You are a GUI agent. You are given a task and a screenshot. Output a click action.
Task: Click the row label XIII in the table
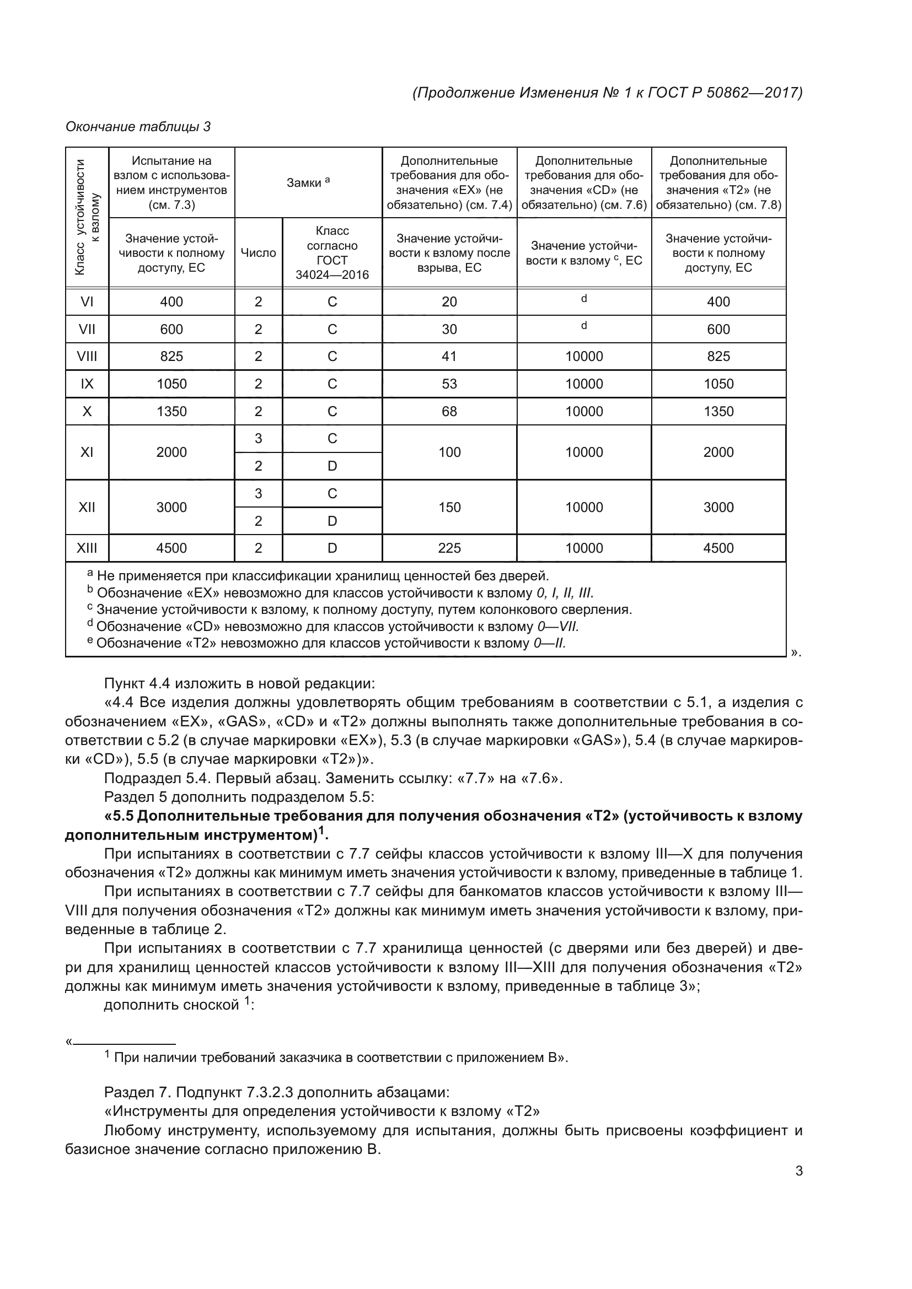[x=87, y=548]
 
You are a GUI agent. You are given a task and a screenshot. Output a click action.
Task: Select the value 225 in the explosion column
[x=449, y=548]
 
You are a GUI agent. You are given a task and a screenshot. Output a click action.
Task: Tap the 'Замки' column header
[x=308, y=182]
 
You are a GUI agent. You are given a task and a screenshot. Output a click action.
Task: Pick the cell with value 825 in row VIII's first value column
[x=171, y=357]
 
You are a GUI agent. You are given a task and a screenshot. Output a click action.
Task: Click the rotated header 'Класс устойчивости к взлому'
[x=87, y=218]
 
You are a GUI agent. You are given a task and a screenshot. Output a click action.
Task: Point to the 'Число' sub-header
[x=258, y=253]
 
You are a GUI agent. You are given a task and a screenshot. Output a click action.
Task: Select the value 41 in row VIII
[x=449, y=357]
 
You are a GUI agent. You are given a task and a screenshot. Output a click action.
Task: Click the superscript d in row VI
[x=584, y=299]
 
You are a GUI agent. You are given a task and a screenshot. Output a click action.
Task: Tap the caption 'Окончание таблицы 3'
[x=138, y=127]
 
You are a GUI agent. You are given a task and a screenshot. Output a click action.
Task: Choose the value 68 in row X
[x=449, y=412]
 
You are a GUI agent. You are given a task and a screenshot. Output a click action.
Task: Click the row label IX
[x=87, y=384]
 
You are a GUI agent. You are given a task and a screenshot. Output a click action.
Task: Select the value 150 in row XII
[x=449, y=508]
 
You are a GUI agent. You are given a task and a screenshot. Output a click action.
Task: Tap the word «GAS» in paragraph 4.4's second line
[x=234, y=721]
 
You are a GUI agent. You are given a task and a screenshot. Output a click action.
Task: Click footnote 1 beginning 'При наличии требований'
[x=337, y=1058]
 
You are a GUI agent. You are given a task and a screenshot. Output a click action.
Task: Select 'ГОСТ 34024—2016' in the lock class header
[x=332, y=267]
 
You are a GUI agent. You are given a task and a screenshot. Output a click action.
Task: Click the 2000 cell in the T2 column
[x=718, y=452]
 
